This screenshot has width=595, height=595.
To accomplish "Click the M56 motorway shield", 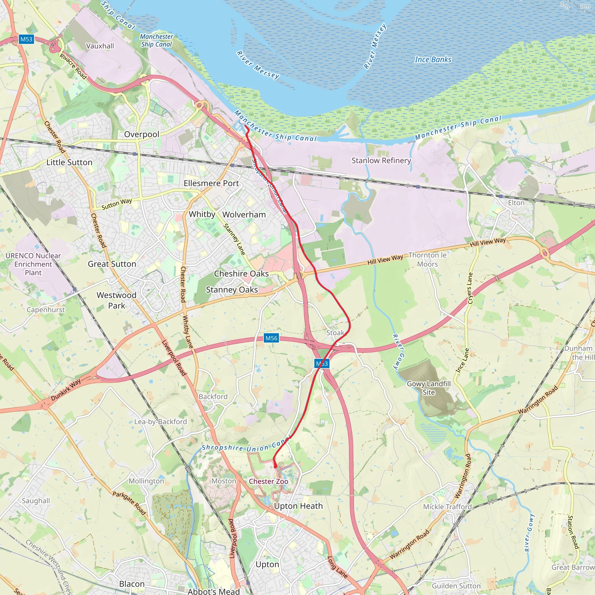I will (271, 338).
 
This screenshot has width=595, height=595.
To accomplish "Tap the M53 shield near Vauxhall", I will (26, 39).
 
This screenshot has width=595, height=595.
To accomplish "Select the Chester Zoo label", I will (268, 481).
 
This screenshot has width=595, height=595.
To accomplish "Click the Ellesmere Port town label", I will (211, 183).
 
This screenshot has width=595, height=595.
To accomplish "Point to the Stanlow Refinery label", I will (381, 160).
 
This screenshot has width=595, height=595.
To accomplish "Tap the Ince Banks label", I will (433, 60).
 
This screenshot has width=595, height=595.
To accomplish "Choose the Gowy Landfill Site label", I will (429, 388).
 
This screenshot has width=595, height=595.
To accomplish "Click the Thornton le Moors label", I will (427, 260).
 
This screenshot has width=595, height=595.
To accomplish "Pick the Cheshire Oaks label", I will (241, 273).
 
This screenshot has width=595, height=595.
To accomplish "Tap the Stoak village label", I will (335, 333).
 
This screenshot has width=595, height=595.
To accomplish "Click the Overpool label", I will (142, 134).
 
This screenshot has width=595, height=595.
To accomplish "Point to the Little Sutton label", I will (69, 162).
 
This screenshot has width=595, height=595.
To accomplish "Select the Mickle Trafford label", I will (447, 507).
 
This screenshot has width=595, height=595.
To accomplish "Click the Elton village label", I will (516, 203).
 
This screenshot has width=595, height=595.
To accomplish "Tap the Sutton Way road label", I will (117, 204).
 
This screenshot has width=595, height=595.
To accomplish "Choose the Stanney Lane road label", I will (234, 239).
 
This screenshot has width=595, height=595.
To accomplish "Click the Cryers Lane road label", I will (470, 288).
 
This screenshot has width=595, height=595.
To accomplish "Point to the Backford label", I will (213, 396).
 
